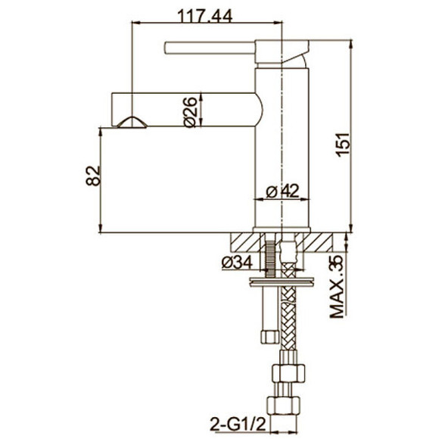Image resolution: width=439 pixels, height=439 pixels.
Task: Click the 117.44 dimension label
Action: (205, 16)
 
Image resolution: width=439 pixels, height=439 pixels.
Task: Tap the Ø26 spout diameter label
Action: (190, 112)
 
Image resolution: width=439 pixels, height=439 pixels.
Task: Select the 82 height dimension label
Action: (93, 176)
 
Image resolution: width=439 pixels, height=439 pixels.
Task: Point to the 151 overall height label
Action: (343, 145)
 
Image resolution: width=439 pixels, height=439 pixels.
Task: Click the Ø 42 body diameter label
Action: (282, 191)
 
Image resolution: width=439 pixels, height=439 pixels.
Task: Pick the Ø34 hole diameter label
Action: (237, 263)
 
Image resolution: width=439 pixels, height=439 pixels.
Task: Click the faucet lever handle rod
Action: (210, 48)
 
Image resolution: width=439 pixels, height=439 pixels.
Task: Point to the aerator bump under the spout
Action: (132, 123)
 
